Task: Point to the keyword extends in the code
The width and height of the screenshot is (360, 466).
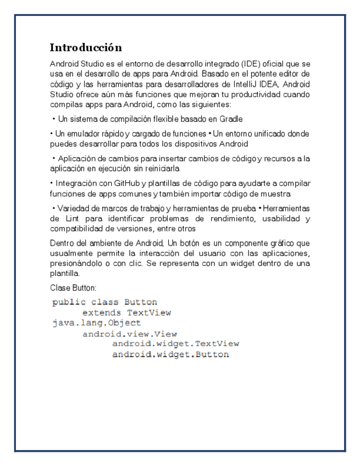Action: (x=101, y=313)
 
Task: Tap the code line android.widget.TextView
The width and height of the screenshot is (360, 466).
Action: (x=175, y=344)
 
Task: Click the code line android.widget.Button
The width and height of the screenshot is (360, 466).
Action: (x=170, y=354)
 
